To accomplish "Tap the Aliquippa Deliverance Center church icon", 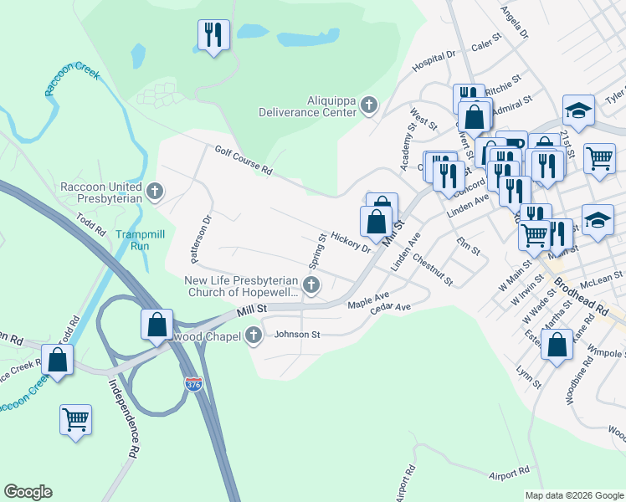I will pyautogui.click(x=369, y=105).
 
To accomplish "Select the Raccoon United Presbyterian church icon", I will pyautogui.click(x=153, y=192).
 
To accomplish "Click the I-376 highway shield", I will pyautogui.click(x=193, y=384).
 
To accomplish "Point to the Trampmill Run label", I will pyautogui.click(x=132, y=240).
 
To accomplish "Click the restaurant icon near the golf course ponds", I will pyautogui.click(x=213, y=34).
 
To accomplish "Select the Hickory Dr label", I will pyautogui.click(x=351, y=242).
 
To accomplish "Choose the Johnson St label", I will pyautogui.click(x=298, y=335).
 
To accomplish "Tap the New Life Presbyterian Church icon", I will pyautogui.click(x=310, y=286).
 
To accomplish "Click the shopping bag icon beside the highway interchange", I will pyautogui.click(x=156, y=324).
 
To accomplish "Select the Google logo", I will pyautogui.click(x=28, y=492).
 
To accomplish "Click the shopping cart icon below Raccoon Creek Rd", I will pyautogui.click(x=75, y=417).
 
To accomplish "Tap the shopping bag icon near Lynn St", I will pyautogui.click(x=557, y=344).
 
